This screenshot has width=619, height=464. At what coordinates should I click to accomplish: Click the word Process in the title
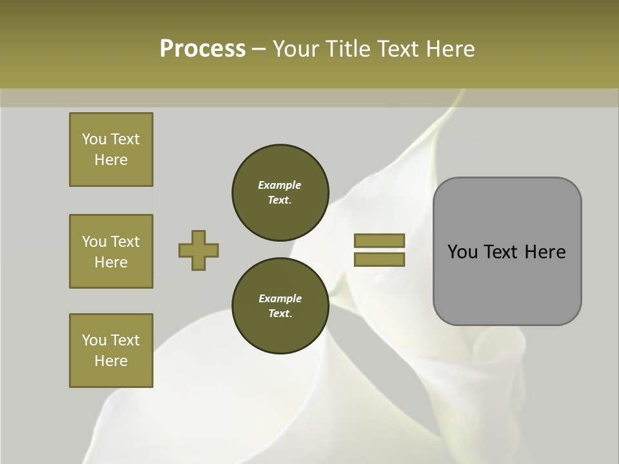click(202, 48)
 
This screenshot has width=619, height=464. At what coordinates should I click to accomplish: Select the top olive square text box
click(111, 150)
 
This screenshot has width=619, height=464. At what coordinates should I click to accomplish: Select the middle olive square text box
click(111, 251)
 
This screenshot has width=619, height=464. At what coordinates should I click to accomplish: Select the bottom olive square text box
click(111, 351)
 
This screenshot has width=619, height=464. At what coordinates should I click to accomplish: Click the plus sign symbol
click(199, 250)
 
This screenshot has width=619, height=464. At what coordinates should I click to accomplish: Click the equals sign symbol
click(379, 250)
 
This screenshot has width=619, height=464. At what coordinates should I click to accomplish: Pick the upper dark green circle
click(280, 193)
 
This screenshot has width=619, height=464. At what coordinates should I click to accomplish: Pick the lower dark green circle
click(280, 306)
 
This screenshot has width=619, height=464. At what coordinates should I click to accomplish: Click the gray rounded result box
click(507, 251)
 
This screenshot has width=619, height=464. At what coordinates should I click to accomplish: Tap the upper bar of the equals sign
click(379, 241)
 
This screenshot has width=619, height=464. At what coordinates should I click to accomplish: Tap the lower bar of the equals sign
click(379, 260)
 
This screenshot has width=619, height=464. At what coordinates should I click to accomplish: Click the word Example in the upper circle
click(279, 185)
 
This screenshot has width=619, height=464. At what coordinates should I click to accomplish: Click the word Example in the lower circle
click(280, 298)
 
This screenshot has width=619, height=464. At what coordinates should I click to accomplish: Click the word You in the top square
click(94, 139)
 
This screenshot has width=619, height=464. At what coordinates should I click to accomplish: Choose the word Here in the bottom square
click(111, 361)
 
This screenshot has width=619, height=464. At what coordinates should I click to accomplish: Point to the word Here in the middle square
click(111, 262)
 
